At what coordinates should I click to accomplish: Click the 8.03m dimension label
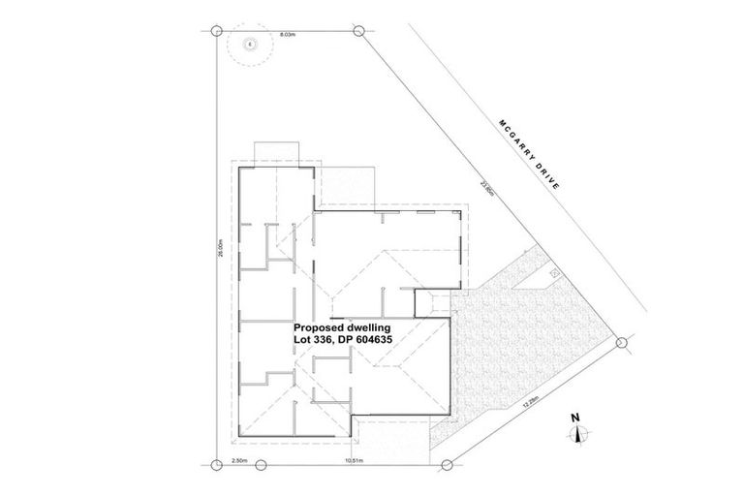(288, 35)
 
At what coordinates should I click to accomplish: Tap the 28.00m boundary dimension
(221, 249)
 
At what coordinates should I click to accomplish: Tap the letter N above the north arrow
(575, 418)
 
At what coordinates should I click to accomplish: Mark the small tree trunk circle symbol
(250, 43)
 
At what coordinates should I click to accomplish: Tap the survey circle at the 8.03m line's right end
(360, 30)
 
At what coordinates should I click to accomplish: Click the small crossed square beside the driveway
(555, 274)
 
